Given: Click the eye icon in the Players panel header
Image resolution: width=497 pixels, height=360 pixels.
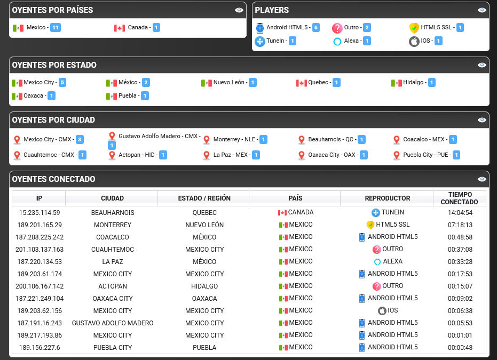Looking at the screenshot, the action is point(482,10).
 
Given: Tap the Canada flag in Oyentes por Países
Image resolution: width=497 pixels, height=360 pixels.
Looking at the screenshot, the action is point(120,28).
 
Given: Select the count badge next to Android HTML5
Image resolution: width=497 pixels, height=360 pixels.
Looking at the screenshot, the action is point(315,28).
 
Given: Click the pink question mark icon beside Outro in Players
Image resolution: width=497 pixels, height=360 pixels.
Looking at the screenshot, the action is point(337,28).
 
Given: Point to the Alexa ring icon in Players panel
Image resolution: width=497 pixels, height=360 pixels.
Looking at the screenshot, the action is point(337,42).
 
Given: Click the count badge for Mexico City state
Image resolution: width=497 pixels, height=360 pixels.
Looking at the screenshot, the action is point(62,83).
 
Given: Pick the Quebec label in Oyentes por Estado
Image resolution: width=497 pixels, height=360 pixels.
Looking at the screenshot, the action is point(318,82).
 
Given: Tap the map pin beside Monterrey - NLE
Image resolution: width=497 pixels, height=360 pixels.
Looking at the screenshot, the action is point(207,140).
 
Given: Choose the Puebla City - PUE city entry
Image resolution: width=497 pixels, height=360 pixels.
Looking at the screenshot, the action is point(425,155).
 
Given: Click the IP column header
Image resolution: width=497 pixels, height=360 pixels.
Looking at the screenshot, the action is point(39,198).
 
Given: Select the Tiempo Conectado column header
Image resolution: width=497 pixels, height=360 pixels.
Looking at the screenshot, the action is point(460,198).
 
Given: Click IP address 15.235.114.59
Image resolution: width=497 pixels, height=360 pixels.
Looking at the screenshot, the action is point(40,212).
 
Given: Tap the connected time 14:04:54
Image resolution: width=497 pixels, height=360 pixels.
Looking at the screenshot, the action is point(460,212).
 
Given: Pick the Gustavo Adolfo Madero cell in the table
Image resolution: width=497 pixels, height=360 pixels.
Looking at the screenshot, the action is point(113,323).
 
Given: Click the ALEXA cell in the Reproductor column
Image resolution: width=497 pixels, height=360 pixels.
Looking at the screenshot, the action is point(388,261).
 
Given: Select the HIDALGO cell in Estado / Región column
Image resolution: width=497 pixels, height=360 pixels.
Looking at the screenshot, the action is point(204,286).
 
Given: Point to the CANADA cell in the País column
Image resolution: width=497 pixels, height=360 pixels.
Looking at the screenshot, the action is point(296,212).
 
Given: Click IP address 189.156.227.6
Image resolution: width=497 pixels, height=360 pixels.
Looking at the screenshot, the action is point(40,347).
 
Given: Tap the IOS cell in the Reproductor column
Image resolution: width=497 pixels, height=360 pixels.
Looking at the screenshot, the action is point(388,310).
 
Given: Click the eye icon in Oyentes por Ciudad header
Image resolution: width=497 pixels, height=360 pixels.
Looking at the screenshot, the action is point(482,120).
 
